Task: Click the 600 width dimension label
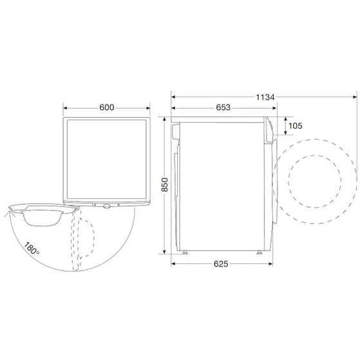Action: click(107, 108)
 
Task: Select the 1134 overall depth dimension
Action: click(264, 97)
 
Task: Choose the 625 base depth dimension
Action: click(220, 263)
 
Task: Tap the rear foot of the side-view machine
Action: click(185, 252)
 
